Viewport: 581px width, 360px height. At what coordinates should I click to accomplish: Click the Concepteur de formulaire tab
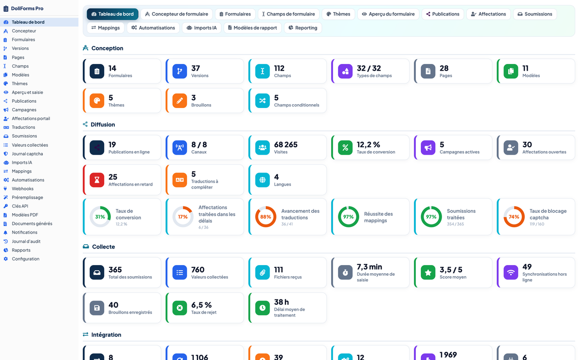point(177,14)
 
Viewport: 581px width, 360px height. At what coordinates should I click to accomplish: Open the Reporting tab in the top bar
point(303,28)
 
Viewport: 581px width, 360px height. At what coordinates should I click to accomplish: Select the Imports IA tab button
point(201,28)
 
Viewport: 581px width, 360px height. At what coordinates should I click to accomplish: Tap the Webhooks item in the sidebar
point(22,188)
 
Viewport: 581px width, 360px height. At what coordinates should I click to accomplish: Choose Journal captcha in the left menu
point(27,154)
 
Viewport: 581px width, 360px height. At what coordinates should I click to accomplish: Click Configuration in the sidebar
point(25,259)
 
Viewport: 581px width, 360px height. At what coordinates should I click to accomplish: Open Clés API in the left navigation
point(20,206)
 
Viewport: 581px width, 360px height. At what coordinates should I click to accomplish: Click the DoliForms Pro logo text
point(27,8)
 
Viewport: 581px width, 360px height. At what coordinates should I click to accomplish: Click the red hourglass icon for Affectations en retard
point(97,180)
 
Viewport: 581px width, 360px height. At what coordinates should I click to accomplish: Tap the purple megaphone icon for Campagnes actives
point(428,147)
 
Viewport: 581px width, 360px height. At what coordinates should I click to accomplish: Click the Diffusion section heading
point(103,125)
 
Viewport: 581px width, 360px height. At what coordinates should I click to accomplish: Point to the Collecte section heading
point(103,247)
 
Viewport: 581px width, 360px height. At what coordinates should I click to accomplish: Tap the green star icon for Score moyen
point(428,272)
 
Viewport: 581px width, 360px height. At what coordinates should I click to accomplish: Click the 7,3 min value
point(369,267)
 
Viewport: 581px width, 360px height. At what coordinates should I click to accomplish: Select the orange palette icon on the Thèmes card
point(97,100)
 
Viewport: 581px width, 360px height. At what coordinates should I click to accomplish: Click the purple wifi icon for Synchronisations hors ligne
point(511,272)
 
